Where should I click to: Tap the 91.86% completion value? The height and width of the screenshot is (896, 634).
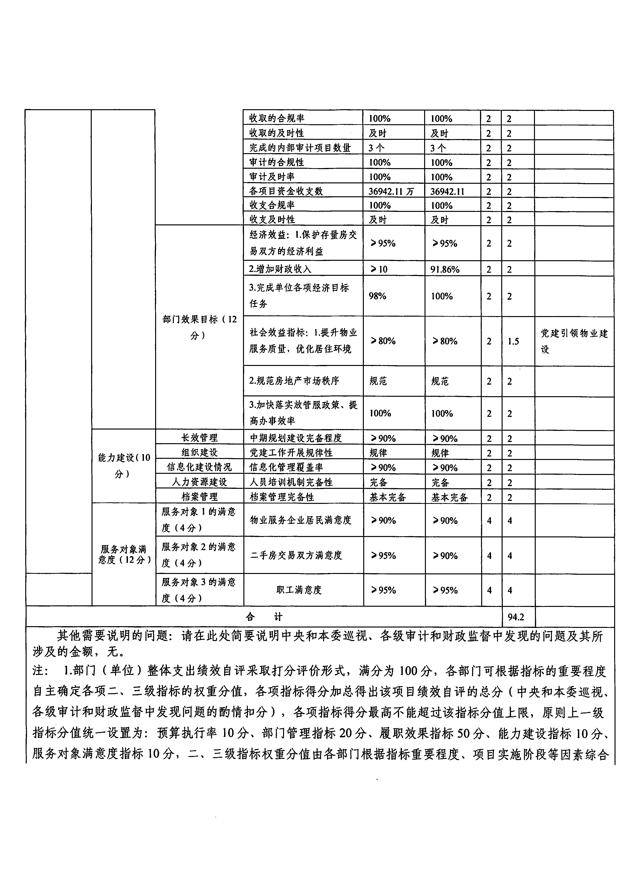pyautogui.click(x=445, y=269)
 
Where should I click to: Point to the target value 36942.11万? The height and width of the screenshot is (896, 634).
pyautogui.click(x=391, y=191)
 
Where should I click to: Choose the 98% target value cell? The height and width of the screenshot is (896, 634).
pyautogui.click(x=378, y=296)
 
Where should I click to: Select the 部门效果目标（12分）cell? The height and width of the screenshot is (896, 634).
pyautogui.click(x=199, y=327)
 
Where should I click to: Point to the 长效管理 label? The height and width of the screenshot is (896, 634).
pyautogui.click(x=199, y=438)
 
